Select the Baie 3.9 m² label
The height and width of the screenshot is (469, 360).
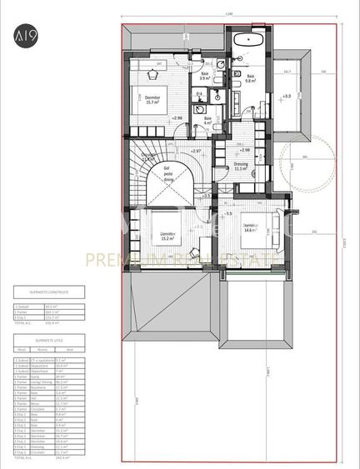tap(206, 76)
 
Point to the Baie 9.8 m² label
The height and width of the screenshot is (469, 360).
tap(249, 78)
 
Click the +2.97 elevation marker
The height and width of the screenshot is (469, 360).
tap(196, 151)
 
